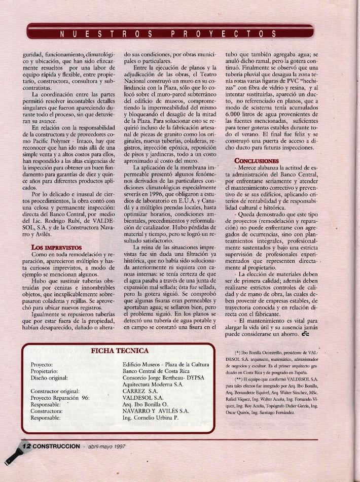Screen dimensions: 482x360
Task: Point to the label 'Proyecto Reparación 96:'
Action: tap(60, 398)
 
